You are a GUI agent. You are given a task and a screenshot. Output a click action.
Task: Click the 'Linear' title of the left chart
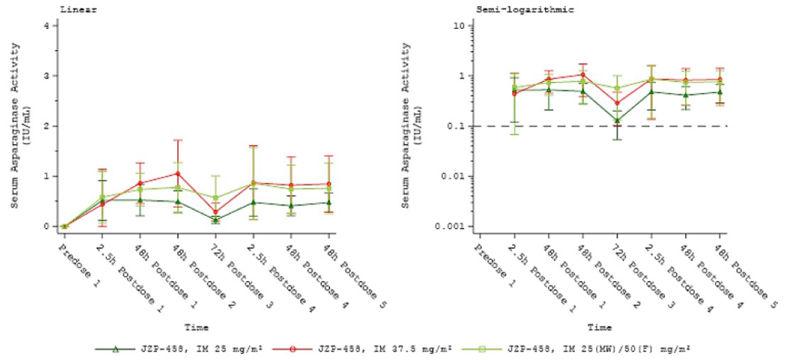click(x=78, y=10)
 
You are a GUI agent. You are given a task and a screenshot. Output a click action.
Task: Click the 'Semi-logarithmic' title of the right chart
click(x=525, y=10)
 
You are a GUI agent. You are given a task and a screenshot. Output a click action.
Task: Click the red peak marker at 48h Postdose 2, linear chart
click(x=178, y=174)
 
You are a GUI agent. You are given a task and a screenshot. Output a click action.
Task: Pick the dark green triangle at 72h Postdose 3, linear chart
click(x=216, y=220)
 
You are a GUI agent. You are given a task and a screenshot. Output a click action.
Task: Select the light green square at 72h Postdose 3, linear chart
click(x=216, y=198)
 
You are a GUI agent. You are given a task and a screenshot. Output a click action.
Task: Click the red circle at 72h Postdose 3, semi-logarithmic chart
click(x=617, y=103)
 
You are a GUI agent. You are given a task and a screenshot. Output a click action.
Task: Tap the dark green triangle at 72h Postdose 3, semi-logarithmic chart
click(x=617, y=120)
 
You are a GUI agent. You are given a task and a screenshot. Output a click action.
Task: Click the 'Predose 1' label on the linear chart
click(x=79, y=266)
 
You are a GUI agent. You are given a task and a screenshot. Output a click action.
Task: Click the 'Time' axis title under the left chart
click(x=196, y=328)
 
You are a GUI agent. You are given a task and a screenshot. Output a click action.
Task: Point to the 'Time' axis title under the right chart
click(x=600, y=328)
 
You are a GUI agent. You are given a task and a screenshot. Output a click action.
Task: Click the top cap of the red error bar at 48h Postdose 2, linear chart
click(x=178, y=140)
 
